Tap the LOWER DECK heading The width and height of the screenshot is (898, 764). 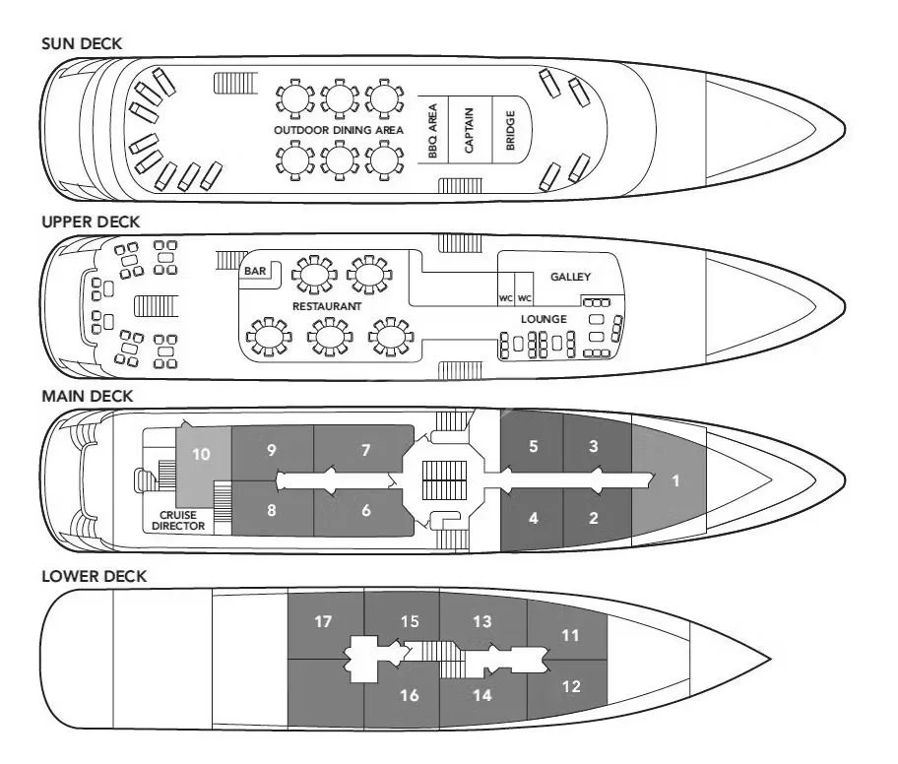94,576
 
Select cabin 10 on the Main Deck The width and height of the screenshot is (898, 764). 202,454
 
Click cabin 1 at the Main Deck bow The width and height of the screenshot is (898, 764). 674,481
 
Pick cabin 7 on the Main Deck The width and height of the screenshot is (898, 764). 365,451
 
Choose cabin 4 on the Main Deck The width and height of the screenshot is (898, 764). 533,518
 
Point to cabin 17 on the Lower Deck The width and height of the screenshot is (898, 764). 324,621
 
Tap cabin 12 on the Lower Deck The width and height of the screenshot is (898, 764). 571,686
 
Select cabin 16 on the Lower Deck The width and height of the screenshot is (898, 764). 410,695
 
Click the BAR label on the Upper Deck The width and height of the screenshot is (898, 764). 254,267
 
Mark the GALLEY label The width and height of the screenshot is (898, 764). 571,277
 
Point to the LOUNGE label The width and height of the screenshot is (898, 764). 544,319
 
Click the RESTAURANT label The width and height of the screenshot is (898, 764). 327,307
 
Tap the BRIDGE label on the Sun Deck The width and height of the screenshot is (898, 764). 510,129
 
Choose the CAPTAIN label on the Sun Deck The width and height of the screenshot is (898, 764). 470,129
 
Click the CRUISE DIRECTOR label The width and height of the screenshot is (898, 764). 178,519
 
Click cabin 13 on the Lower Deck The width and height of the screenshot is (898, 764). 481,621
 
